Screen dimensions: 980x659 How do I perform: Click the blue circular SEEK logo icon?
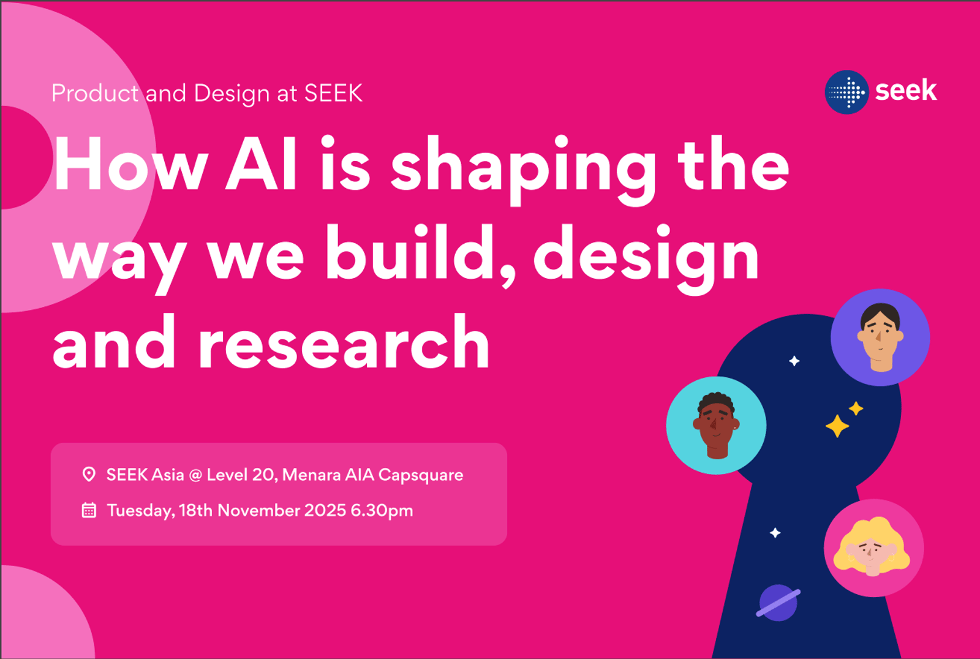pyautogui.click(x=846, y=92)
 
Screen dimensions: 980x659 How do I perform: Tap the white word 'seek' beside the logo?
pyautogui.click(x=906, y=91)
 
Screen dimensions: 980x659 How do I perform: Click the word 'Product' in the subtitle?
pyautogui.click(x=95, y=93)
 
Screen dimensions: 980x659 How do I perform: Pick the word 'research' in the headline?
pyautogui.click(x=344, y=341)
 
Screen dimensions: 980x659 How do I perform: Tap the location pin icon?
pyautogui.click(x=89, y=474)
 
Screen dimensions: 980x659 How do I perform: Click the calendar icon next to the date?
pyautogui.click(x=89, y=510)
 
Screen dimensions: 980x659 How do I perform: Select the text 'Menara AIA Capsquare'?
pyautogui.click(x=373, y=475)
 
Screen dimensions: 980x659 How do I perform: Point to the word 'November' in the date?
pyautogui.click(x=258, y=510)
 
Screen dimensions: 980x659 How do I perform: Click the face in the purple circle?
pyautogui.click(x=880, y=337)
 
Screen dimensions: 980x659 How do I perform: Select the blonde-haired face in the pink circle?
pyautogui.click(x=872, y=547)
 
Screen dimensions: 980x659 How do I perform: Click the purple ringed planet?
pyautogui.click(x=778, y=603)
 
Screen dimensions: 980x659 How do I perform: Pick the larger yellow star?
pyautogui.click(x=837, y=426)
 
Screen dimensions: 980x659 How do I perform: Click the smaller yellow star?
pyautogui.click(x=856, y=409)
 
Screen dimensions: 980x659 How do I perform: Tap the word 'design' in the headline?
pyautogui.click(x=646, y=259)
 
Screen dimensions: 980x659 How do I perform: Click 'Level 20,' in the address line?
pyautogui.click(x=243, y=475)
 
